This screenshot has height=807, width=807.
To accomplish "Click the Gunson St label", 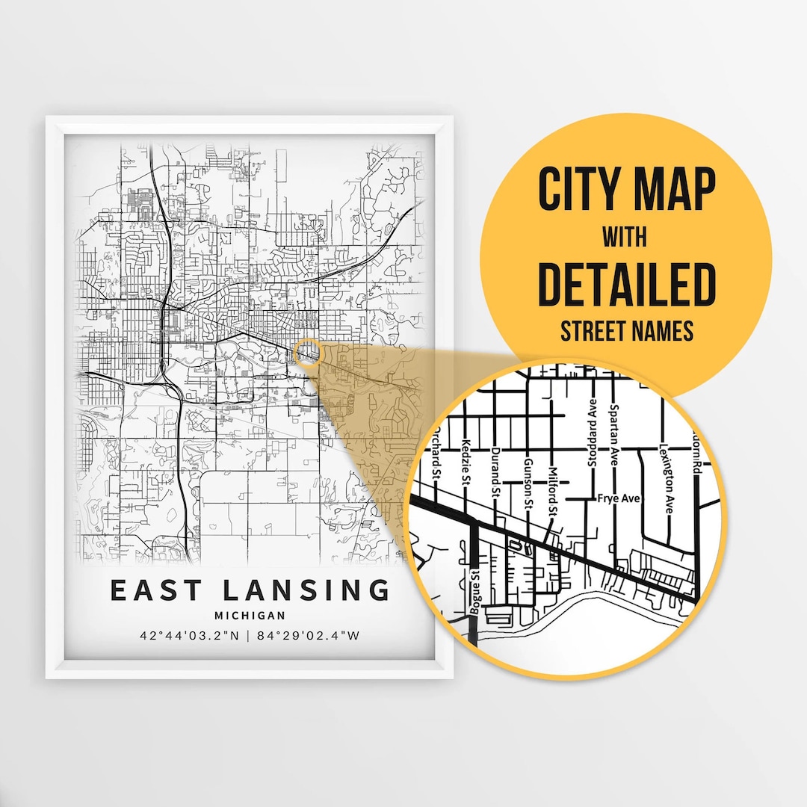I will (x=528, y=482).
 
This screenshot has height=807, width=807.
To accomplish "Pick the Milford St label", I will (x=554, y=491).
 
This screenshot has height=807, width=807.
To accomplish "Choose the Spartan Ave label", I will (x=613, y=435).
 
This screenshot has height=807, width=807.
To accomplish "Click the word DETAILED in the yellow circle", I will (x=627, y=285).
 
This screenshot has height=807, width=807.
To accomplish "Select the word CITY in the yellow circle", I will (x=581, y=190).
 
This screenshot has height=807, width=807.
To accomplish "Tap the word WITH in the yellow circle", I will (x=625, y=238).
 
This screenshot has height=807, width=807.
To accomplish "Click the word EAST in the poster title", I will (x=156, y=590).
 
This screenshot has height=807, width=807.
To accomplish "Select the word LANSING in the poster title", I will (x=306, y=590).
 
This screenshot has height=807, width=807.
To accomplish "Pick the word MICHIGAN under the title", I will (x=250, y=616).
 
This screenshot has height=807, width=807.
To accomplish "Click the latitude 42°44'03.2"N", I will (x=191, y=637).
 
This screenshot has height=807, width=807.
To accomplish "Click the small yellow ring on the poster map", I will (x=307, y=352).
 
